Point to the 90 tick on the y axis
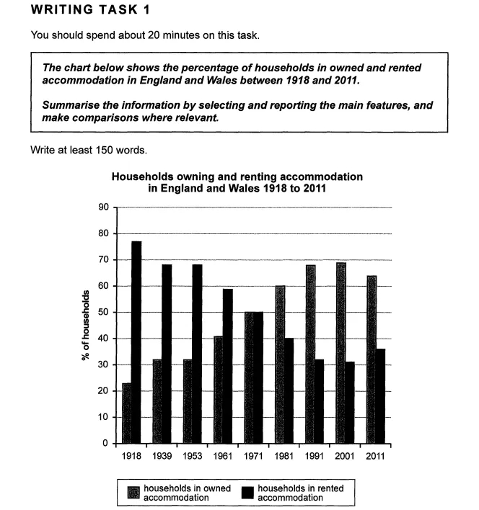pos(104,207)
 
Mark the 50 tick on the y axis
pos(104,313)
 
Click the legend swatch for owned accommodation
pos(133,493)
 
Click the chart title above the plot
pos(237,182)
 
